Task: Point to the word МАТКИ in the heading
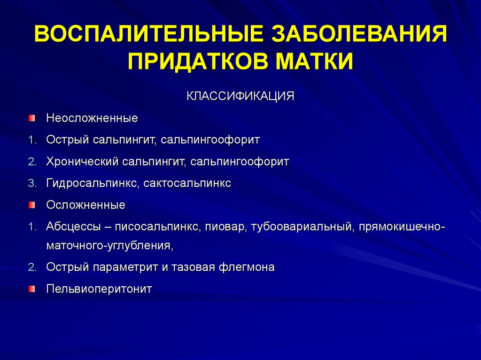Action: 314,61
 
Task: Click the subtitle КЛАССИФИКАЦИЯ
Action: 240,96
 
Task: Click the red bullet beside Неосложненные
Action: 32,118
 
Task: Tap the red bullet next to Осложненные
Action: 32,205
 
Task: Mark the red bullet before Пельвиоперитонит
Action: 32,289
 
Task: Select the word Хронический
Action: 82,161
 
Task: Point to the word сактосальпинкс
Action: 187,184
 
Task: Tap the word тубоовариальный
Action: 303,227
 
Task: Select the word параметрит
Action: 125,267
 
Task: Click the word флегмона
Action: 246,267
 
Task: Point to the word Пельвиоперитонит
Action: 99,289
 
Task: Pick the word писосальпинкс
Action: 158,227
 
